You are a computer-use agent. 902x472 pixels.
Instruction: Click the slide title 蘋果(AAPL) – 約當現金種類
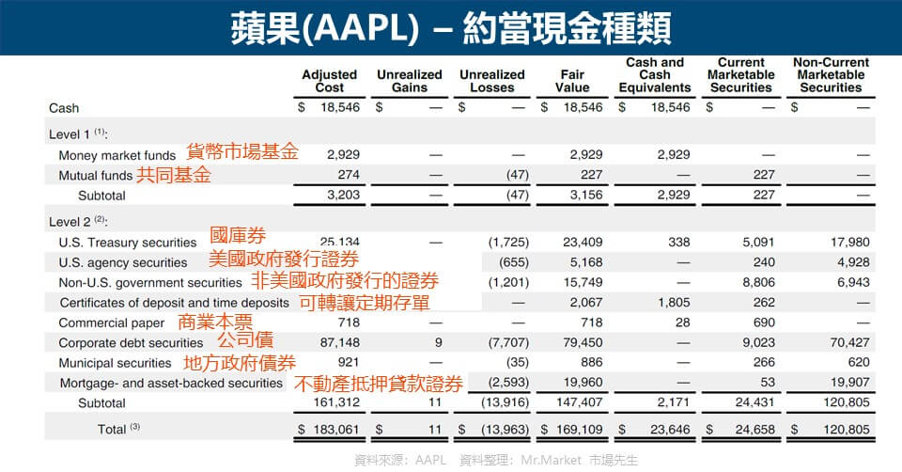[x=451, y=26]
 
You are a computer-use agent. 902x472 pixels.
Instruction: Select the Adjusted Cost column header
[x=329, y=81]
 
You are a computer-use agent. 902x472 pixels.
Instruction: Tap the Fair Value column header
[x=572, y=81]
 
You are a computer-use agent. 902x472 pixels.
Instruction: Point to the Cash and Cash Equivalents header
[x=654, y=75]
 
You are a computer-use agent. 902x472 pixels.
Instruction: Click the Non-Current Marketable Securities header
[x=831, y=75]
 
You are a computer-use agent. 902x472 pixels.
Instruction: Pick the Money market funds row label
[x=117, y=155]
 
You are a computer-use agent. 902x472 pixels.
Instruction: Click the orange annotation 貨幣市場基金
[x=242, y=152]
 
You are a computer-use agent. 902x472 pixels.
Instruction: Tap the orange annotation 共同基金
[x=174, y=175]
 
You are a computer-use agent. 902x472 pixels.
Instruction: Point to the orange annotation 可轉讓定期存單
[x=365, y=303]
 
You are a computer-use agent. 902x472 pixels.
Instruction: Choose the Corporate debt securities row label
[x=131, y=343]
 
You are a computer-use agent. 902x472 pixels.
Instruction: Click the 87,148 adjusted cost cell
[x=339, y=343]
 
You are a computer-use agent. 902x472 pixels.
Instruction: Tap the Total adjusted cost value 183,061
[x=334, y=430]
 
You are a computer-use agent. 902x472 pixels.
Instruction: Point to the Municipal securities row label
[x=115, y=363]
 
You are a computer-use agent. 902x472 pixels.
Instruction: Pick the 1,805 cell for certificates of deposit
[x=672, y=303]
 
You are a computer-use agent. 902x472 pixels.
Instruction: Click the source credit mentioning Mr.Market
[x=496, y=460]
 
